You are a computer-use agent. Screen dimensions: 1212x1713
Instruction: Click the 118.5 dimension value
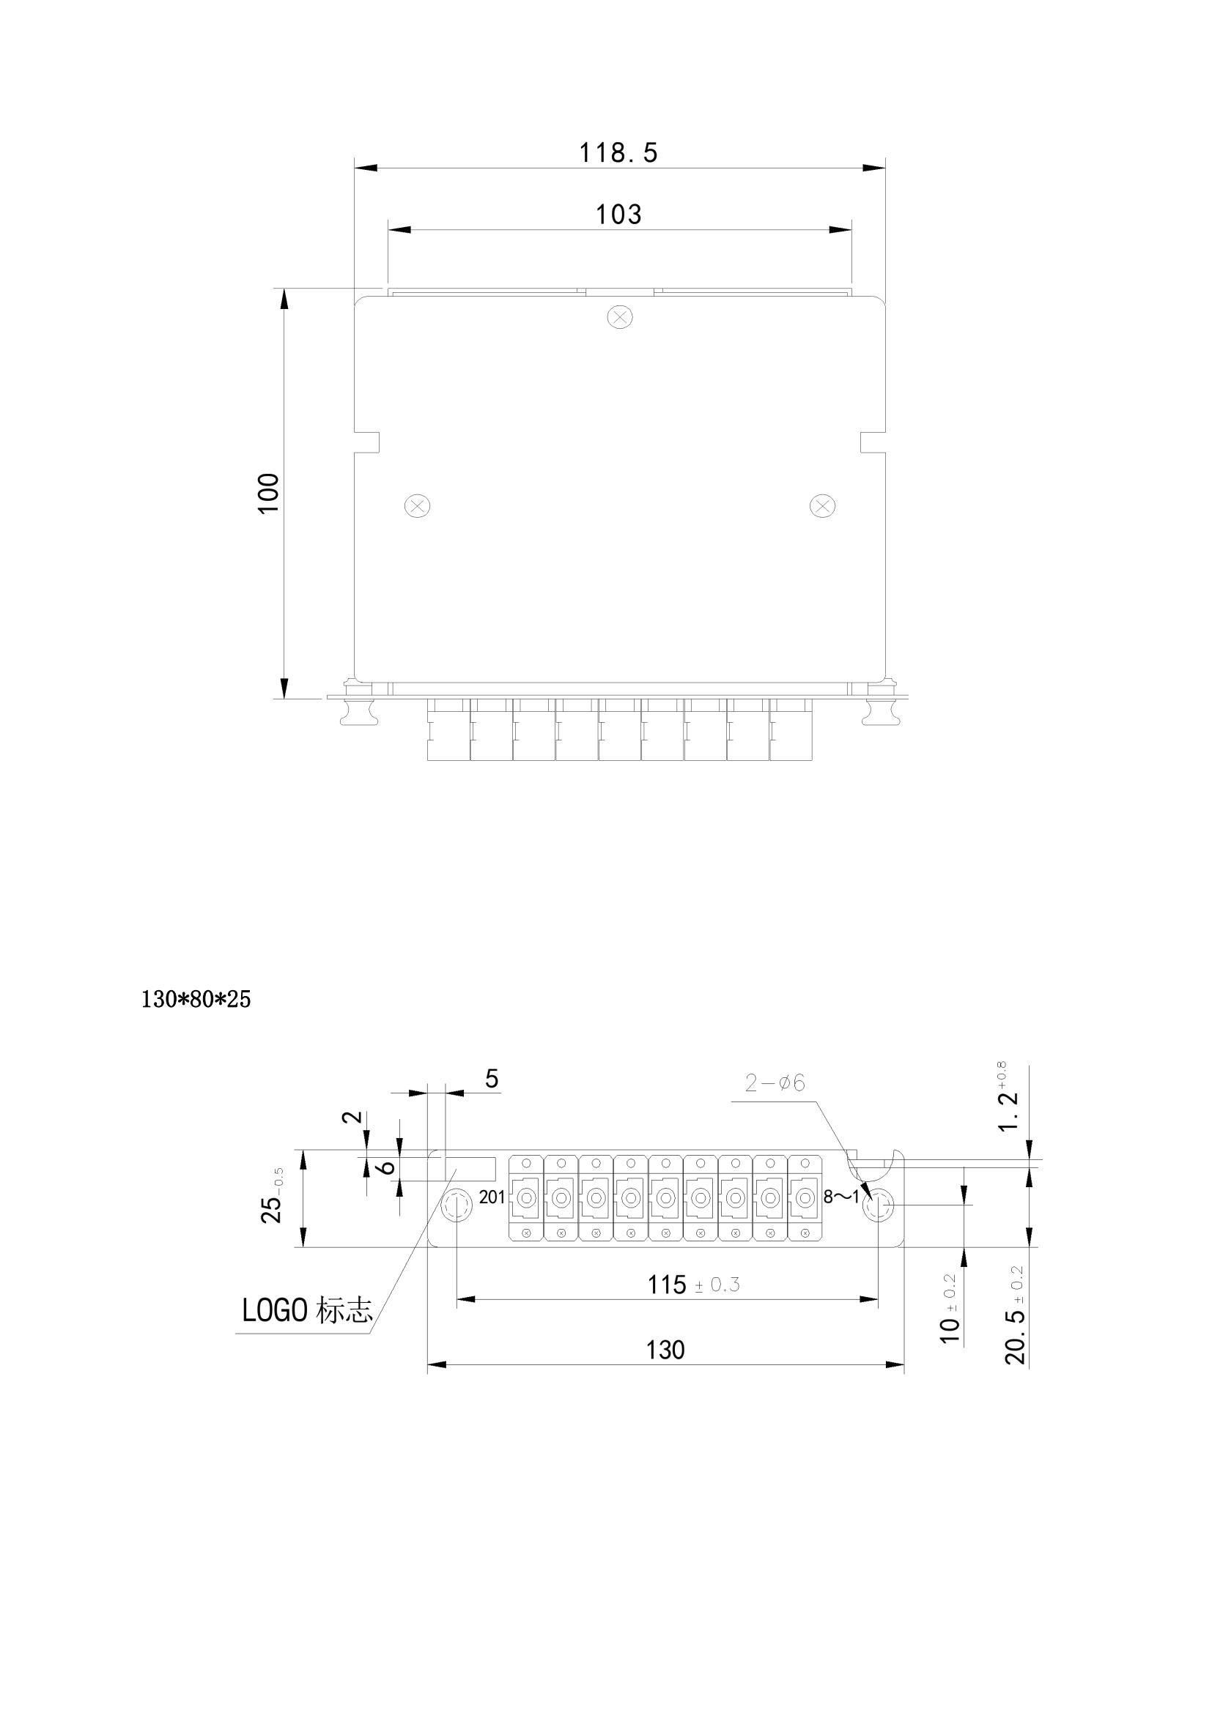click(x=618, y=153)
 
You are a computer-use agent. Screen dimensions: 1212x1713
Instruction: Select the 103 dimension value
click(x=618, y=215)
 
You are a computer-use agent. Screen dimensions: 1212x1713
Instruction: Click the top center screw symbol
click(x=619, y=317)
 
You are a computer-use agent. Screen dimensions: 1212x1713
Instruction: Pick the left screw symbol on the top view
click(x=417, y=506)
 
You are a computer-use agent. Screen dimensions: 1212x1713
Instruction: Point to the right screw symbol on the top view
click(x=821, y=506)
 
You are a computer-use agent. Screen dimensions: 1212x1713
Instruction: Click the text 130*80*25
click(x=196, y=999)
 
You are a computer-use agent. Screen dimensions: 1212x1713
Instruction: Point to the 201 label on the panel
click(x=492, y=1197)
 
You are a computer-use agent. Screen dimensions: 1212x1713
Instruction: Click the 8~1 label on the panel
click(x=841, y=1197)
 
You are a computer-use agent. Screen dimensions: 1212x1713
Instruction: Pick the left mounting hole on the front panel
click(x=456, y=1205)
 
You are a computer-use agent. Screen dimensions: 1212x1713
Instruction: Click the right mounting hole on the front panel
click(x=880, y=1205)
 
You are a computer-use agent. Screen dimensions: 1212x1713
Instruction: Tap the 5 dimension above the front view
click(x=492, y=1079)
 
